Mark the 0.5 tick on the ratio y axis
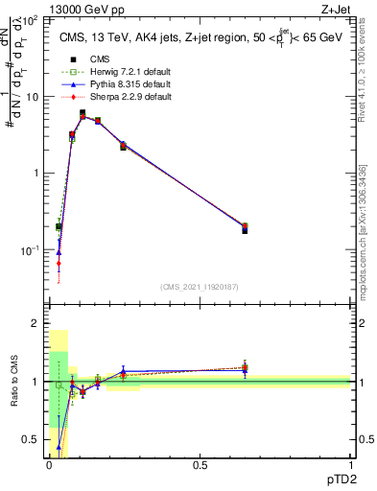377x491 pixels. pyautogui.click(x=35, y=439)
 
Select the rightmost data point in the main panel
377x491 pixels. pyautogui.click(x=245, y=228)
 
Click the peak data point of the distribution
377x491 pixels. pyautogui.click(x=82, y=114)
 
